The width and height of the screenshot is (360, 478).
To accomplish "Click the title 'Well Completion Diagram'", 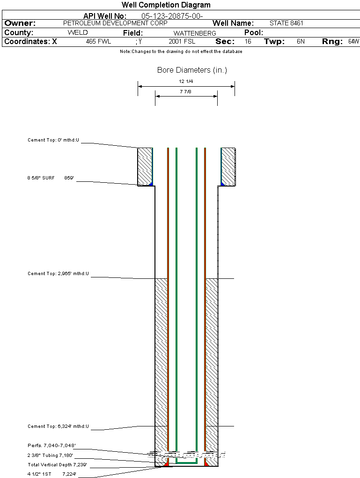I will pyautogui.click(x=166, y=5).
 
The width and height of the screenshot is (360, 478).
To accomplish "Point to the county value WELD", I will pyautogui.click(x=78, y=33).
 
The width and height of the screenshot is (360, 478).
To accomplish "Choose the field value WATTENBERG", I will pyautogui.click(x=195, y=33).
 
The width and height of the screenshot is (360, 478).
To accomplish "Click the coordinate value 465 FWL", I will pyautogui.click(x=98, y=42).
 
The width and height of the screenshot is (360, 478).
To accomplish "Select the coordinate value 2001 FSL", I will pyautogui.click(x=182, y=42).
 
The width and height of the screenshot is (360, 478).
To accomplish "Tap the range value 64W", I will pyautogui.click(x=353, y=42).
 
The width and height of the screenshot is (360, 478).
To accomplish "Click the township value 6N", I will pyautogui.click(x=301, y=42).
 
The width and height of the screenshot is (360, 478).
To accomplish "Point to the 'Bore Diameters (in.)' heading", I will pyautogui.click(x=192, y=70).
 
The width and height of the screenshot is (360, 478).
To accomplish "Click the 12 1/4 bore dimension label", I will pyautogui.click(x=186, y=82).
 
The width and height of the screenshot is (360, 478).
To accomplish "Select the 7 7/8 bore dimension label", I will pyautogui.click(x=186, y=92).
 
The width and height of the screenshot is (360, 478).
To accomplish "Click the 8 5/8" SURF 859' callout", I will pyautogui.click(x=51, y=178).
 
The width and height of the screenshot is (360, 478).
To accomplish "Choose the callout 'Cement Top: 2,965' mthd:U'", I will pyautogui.click(x=58, y=273).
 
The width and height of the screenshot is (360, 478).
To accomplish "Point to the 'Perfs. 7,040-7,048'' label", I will pyautogui.click(x=51, y=445).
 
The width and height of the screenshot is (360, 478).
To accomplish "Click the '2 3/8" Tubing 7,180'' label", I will pyautogui.click(x=50, y=455).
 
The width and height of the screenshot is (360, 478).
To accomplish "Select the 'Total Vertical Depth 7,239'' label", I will pyautogui.click(x=57, y=465).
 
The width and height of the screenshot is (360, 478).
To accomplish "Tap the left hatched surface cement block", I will pyautogui.click(x=144, y=166).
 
